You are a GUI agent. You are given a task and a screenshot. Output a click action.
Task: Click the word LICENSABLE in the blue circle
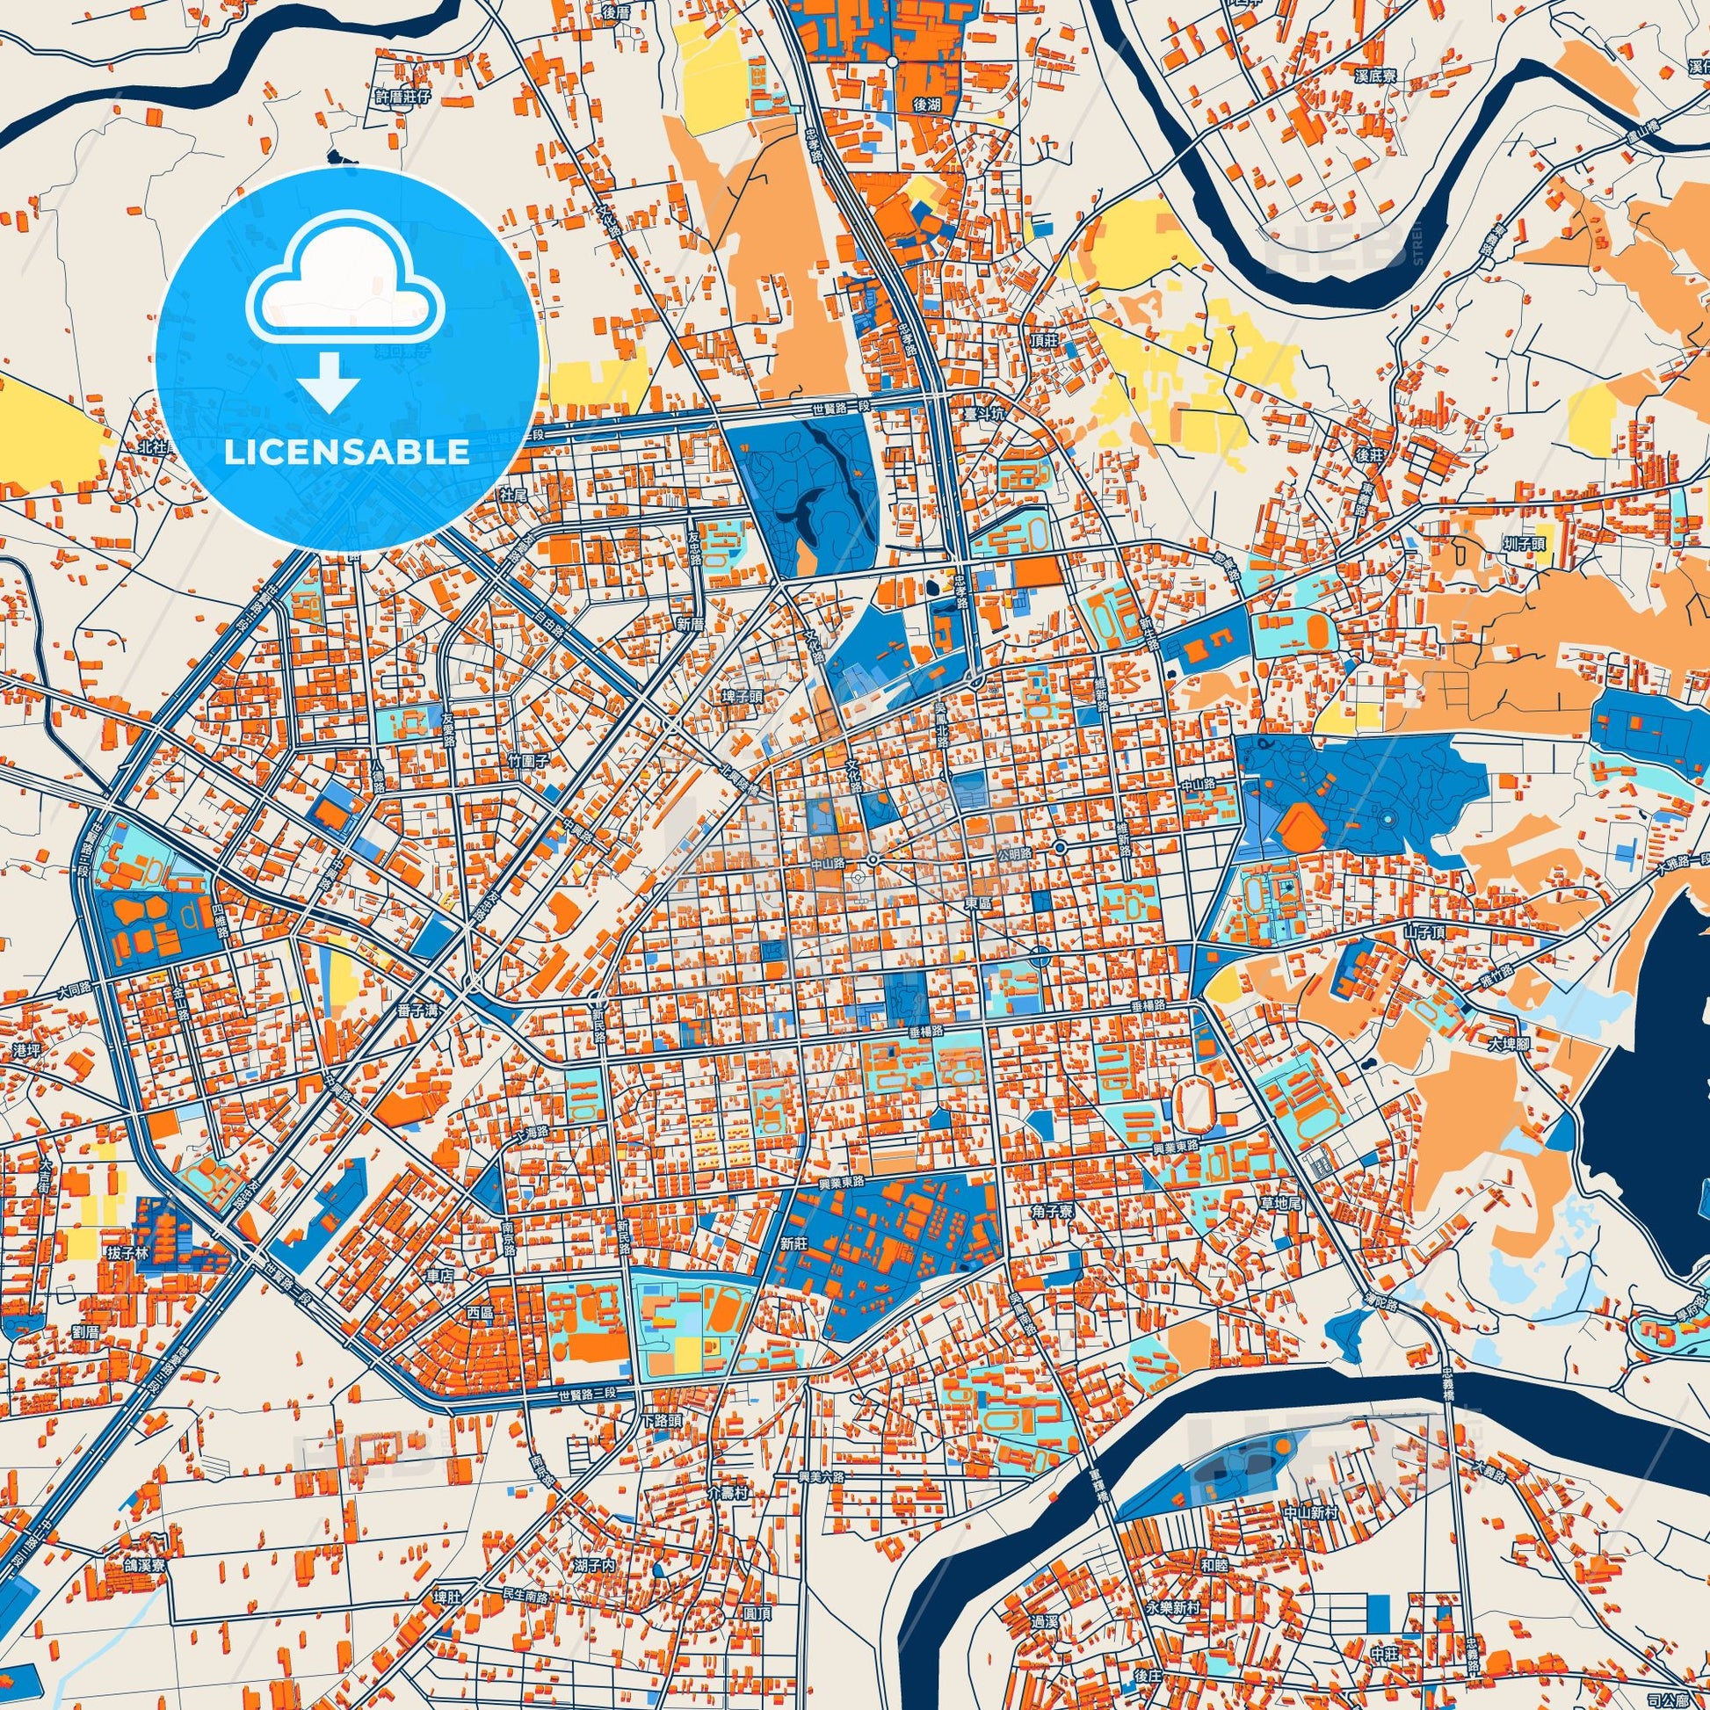click(x=347, y=453)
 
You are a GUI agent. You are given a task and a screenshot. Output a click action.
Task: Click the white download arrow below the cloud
click(x=329, y=383)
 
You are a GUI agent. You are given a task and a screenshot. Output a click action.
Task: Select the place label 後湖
click(x=927, y=105)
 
